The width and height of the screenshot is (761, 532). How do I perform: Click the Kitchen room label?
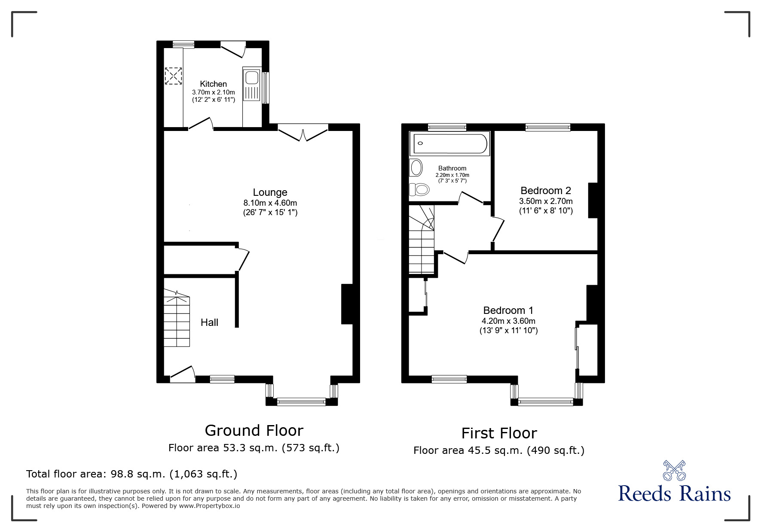[213, 84]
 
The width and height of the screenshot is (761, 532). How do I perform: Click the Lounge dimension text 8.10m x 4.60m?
[270, 203]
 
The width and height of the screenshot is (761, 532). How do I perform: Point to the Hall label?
[209, 322]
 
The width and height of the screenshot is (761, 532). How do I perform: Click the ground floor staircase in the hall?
[177, 320]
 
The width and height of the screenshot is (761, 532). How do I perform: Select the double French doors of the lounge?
[303, 133]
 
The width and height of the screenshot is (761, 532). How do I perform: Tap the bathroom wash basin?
[416, 167]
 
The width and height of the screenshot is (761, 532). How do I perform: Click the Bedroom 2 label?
[545, 190]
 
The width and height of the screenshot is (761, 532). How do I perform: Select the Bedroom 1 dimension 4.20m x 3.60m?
[508, 321]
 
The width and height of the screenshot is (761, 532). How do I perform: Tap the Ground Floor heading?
[254, 430]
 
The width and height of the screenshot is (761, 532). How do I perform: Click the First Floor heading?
[499, 433]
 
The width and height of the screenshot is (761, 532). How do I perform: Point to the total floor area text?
[131, 474]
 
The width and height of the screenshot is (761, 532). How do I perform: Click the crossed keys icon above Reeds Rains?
[674, 471]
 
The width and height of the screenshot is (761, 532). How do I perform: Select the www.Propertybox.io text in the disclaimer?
[209, 506]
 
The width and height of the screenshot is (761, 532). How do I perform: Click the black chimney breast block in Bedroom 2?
[593, 201]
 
